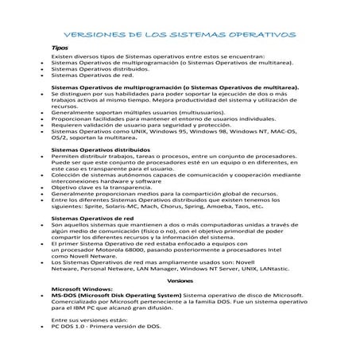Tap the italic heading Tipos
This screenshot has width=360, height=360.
point(58,48)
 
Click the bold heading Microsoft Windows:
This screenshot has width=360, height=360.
point(83,288)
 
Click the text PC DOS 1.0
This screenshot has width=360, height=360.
point(68,327)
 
